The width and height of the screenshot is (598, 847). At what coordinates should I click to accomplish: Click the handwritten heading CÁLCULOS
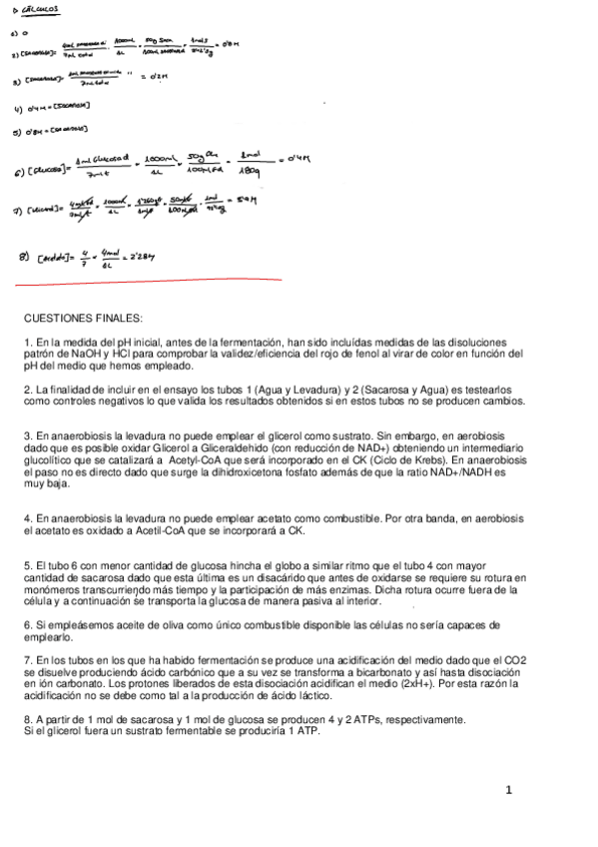pos(43,10)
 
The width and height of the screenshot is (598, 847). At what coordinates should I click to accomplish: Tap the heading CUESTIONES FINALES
pos(84,319)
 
